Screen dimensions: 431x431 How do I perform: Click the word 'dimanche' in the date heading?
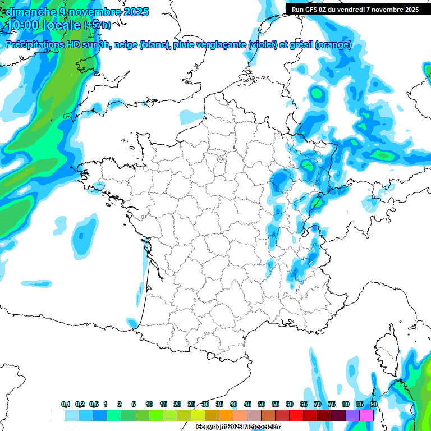pos(27,11)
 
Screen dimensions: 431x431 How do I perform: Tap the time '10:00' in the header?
pos(24,25)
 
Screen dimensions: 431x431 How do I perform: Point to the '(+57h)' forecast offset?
pos(97,25)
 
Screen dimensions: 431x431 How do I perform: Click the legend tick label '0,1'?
pos(66,404)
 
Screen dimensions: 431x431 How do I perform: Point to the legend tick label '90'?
pos(374,404)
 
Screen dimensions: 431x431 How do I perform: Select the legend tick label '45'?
pos(247,404)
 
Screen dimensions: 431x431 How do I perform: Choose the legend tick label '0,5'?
pos(94,404)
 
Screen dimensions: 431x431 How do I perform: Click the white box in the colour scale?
pos(57,415)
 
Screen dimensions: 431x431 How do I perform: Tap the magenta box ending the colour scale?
pos(366,415)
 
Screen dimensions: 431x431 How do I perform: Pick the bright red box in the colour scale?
pos(296,415)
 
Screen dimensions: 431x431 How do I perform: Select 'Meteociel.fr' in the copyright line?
pos(262,427)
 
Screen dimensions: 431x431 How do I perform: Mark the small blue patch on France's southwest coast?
pos(132,323)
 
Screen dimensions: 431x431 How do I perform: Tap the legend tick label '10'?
pos(149,404)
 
